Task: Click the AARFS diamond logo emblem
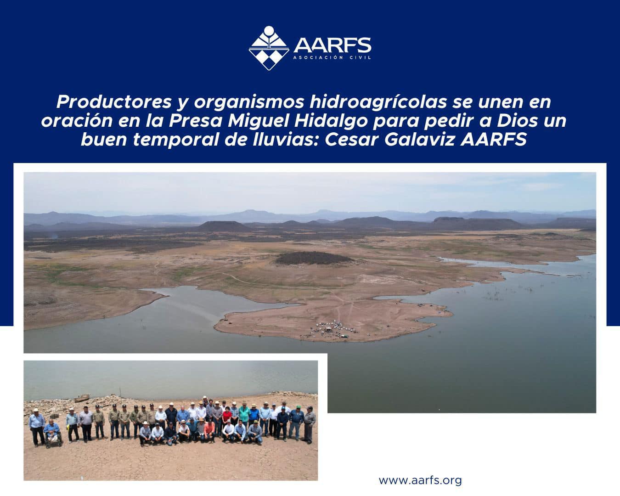(x=269, y=48)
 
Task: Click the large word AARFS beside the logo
(x=332, y=45)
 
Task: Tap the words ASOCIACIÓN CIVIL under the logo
(x=332, y=58)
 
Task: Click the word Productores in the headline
(x=114, y=101)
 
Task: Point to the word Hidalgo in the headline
(x=331, y=121)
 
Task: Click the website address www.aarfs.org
(x=420, y=480)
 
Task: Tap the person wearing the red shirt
(x=227, y=417)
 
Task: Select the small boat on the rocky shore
(x=82, y=398)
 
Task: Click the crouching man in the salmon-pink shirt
(x=209, y=431)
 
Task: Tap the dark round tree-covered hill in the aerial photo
(x=314, y=258)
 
